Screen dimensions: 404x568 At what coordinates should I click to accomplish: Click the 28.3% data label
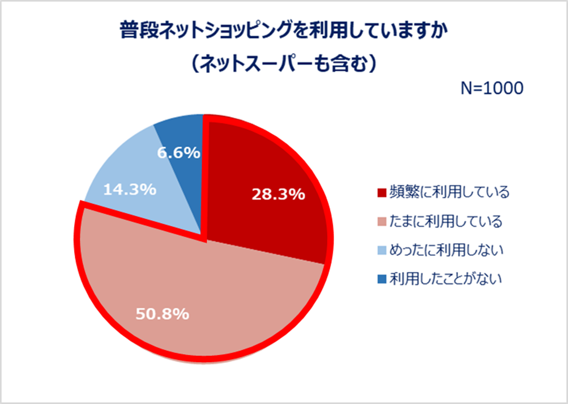[278, 195]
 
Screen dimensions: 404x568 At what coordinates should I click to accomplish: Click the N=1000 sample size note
[490, 89]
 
